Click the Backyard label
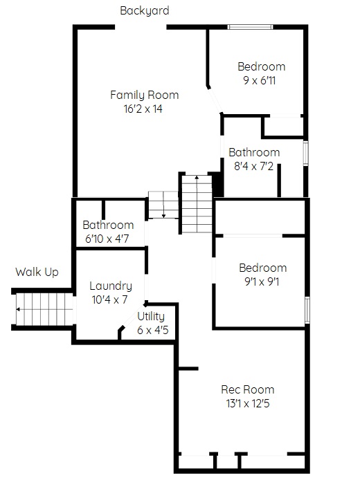pos(144,10)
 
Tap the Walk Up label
pos(37,272)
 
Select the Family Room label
pos(144,95)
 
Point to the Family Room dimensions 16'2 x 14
pos(143,109)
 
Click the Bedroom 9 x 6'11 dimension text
pos(260,80)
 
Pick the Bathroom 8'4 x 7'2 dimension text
pos(253,166)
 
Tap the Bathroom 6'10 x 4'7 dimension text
pos(107,239)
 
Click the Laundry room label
pos(111,286)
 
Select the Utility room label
pos(151,317)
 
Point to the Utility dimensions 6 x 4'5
pos(153,331)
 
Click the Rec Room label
pos(248,389)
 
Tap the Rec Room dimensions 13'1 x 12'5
pos(248,403)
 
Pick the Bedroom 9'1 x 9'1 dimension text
pos(262,281)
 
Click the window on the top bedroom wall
pos(251,27)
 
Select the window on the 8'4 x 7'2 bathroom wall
pos(306,154)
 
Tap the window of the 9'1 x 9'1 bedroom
pos(307,309)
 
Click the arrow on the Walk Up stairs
pos(44,309)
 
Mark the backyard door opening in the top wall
pos(141,27)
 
